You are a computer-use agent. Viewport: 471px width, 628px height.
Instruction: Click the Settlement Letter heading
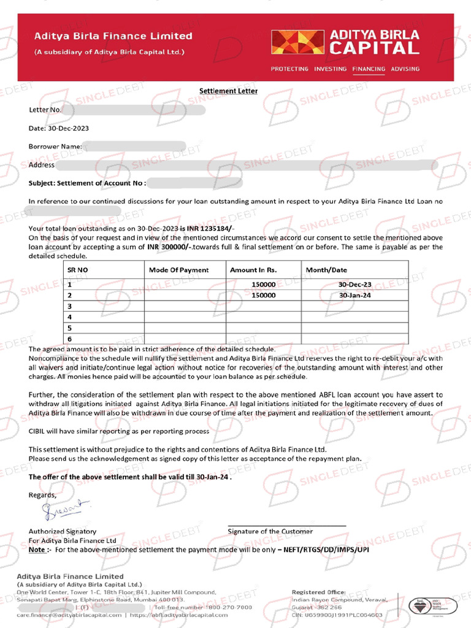coord(228,91)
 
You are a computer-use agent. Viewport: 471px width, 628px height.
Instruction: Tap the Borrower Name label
coord(55,147)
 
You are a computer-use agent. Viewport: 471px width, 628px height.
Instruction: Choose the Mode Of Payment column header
coord(178,270)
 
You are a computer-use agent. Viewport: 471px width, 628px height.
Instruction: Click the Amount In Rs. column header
coord(253,270)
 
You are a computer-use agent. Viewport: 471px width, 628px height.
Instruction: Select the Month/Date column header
coord(326,270)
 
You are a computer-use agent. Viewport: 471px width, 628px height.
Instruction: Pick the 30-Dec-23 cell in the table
coord(355,285)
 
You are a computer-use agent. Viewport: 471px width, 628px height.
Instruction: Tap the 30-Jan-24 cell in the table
coord(355,295)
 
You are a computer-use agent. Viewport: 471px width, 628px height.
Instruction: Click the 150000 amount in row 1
coord(263,285)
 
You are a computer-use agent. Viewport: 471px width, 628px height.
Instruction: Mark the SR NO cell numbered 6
coord(70,339)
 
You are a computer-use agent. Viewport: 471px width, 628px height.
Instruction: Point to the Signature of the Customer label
coord(270,531)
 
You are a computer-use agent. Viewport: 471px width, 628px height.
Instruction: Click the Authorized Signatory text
coord(63,531)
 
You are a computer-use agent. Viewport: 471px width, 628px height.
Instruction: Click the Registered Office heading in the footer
coord(318,592)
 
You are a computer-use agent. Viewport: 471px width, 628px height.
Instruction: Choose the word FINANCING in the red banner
coord(369,69)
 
